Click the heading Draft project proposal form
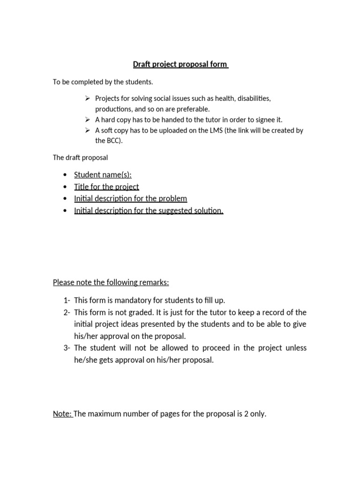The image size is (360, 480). (180, 64)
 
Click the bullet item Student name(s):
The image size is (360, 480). (103, 175)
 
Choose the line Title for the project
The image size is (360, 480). (106, 187)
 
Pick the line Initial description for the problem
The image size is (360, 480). (130, 198)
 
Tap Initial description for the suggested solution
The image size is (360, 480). (149, 210)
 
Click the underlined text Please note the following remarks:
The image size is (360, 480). (111, 282)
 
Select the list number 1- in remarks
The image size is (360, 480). (66, 300)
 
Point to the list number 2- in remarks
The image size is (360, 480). (66, 312)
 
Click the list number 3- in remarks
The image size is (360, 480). (66, 348)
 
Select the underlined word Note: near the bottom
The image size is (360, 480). (62, 414)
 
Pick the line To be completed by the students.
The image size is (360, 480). (103, 82)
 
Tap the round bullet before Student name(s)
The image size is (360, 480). (64, 175)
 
